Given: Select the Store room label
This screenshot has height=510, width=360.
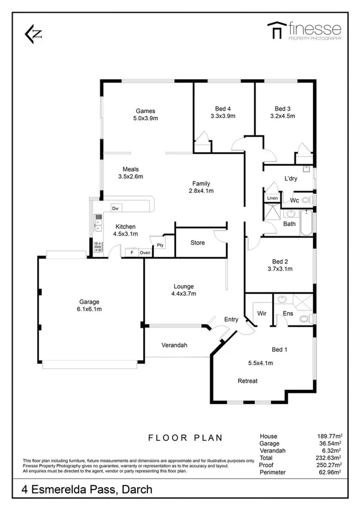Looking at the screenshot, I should pos(197,243).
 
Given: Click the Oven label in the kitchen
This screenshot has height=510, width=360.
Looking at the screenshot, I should pos(145,253).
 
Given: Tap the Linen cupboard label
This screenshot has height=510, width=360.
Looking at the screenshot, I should pos(272,198).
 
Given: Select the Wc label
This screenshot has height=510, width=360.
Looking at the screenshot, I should pos(294,200).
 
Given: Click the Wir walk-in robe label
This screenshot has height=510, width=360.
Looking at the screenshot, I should pos(261,313).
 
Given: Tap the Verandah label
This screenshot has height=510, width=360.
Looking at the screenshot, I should pos(174,345).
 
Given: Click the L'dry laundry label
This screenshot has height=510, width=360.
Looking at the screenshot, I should pos(290,179).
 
